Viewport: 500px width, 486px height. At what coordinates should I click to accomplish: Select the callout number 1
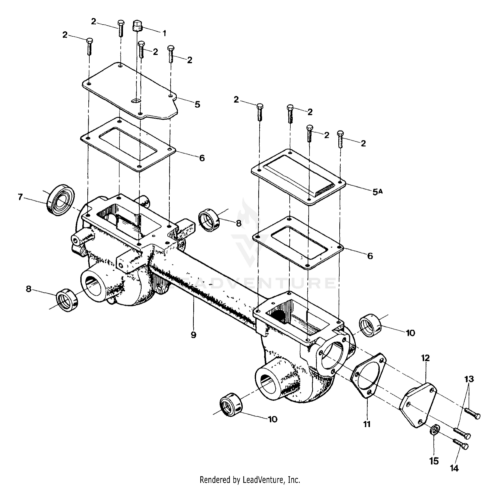164,33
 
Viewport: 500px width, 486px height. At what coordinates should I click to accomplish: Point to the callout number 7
20,197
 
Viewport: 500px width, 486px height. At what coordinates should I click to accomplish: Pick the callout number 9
194,334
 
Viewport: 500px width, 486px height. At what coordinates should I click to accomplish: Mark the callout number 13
469,379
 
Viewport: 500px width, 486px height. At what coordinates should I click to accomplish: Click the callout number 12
425,358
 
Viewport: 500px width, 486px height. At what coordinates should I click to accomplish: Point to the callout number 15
434,461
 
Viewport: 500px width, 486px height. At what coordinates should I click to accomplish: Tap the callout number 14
454,468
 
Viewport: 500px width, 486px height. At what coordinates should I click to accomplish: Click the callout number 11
367,424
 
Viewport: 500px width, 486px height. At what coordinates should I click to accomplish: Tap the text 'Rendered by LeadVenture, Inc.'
250,480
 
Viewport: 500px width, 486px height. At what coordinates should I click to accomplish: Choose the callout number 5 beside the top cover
198,104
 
